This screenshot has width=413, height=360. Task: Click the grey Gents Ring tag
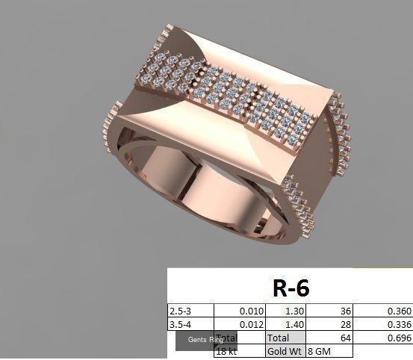[205, 341]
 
